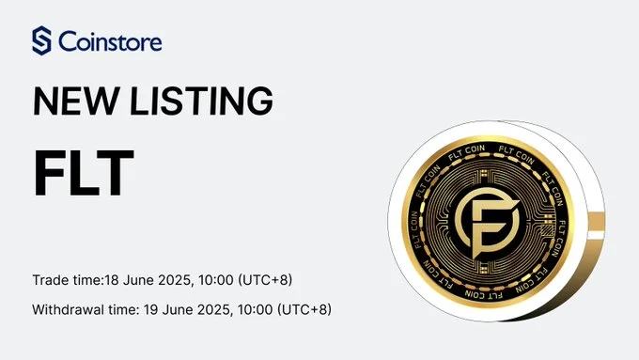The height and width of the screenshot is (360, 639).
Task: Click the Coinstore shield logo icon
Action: pyautogui.click(x=42, y=41)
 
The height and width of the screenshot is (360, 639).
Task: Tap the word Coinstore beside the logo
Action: pyautogui.click(x=109, y=42)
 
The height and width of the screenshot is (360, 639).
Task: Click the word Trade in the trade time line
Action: pyautogui.click(x=50, y=281)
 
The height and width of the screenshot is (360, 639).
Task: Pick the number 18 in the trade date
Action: pyautogui.click(x=112, y=281)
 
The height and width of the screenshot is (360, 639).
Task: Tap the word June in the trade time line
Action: pyautogui.click(x=140, y=281)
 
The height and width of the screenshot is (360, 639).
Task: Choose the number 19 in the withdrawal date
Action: pyautogui.click(x=161, y=308)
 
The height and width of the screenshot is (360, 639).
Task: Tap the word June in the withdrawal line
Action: pyautogui.click(x=189, y=308)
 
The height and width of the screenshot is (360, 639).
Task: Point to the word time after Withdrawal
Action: pyautogui.click(x=130, y=308)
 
